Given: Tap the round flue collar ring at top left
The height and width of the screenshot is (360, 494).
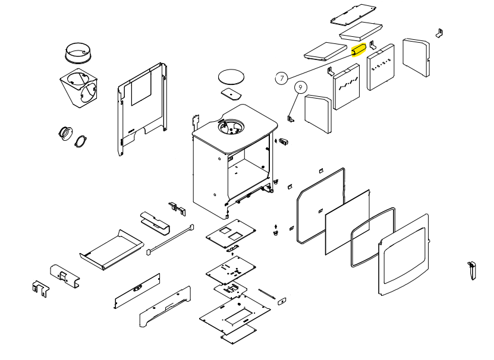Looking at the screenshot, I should (x=79, y=53).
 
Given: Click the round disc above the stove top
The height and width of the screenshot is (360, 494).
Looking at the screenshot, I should (x=231, y=76).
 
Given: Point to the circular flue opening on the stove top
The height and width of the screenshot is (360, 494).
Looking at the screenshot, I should (x=229, y=125).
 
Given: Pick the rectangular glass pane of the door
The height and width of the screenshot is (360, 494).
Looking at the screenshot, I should (x=348, y=222).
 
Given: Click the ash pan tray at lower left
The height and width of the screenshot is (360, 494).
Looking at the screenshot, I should (x=110, y=250).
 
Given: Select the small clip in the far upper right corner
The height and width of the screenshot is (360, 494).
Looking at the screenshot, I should (x=440, y=32).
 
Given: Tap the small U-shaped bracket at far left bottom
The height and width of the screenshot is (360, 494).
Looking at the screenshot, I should (x=39, y=288).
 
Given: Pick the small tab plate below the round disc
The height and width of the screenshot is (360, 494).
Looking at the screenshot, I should (x=228, y=93).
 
